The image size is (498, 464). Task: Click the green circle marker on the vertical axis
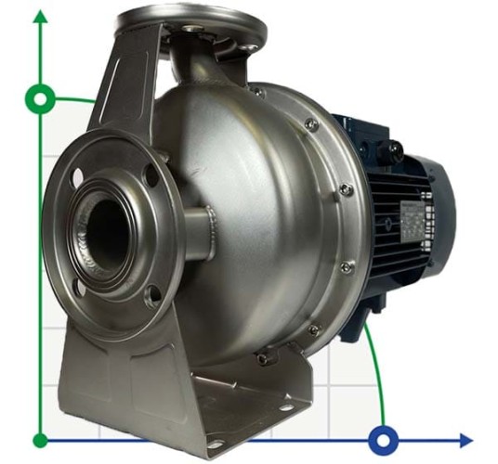tap(39, 97)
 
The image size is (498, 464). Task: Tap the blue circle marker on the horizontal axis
tap(383, 439)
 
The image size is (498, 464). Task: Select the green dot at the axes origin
tap(39, 440)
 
